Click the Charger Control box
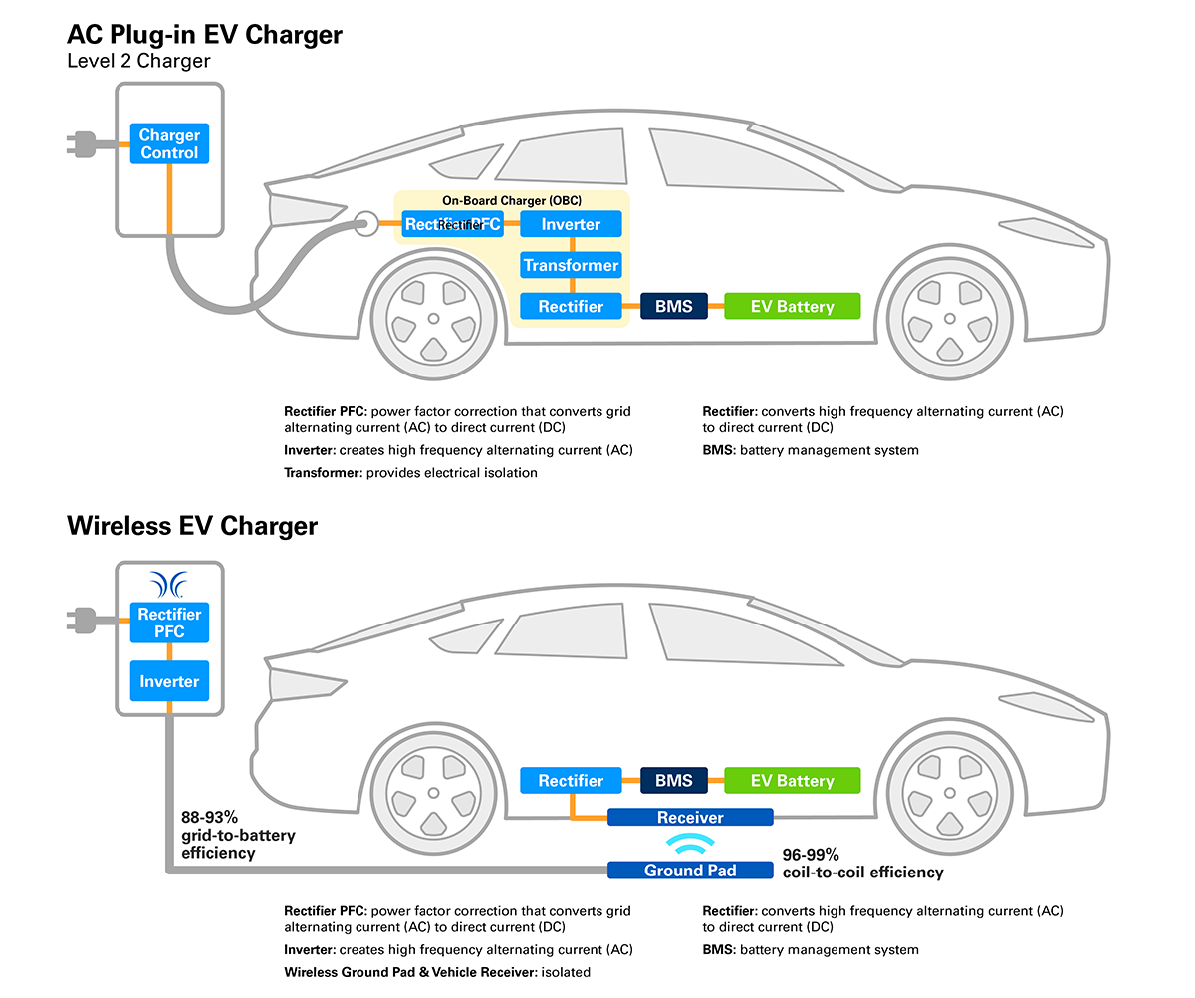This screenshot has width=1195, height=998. pyautogui.click(x=169, y=144)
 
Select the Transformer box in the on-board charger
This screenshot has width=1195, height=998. pyautogui.click(x=571, y=266)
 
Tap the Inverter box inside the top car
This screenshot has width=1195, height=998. pyautogui.click(x=571, y=225)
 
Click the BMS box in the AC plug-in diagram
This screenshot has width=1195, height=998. pyautogui.click(x=674, y=306)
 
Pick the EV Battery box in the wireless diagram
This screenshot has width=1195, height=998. pyautogui.click(x=792, y=781)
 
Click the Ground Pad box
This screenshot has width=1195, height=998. pyautogui.click(x=690, y=870)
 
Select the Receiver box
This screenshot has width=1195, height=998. pyautogui.click(x=690, y=818)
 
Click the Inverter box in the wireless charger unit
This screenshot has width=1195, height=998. pyautogui.click(x=169, y=681)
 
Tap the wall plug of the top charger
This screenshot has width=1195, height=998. pyautogui.click(x=84, y=145)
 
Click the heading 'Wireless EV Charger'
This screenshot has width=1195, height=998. pyautogui.click(x=192, y=525)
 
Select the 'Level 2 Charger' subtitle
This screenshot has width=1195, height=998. pyautogui.click(x=138, y=61)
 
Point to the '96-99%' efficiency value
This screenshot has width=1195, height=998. pyautogui.click(x=811, y=855)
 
